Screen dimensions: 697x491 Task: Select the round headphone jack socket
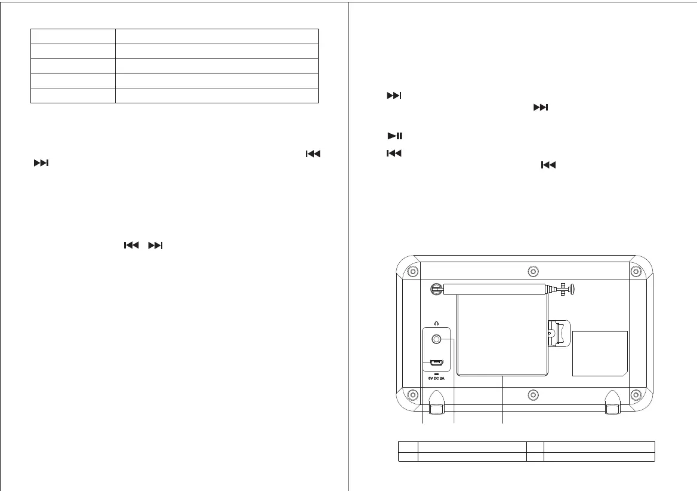(x=437, y=339)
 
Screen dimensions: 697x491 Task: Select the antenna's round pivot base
(x=436, y=289)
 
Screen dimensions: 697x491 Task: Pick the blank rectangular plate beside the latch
(x=600, y=353)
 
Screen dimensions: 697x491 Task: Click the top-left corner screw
(x=412, y=272)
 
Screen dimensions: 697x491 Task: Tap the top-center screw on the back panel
(x=534, y=272)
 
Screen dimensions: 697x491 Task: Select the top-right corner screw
(x=636, y=272)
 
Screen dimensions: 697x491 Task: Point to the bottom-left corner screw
(x=412, y=395)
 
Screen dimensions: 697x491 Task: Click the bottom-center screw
(x=534, y=395)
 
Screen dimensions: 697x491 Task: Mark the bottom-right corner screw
(x=636, y=395)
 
